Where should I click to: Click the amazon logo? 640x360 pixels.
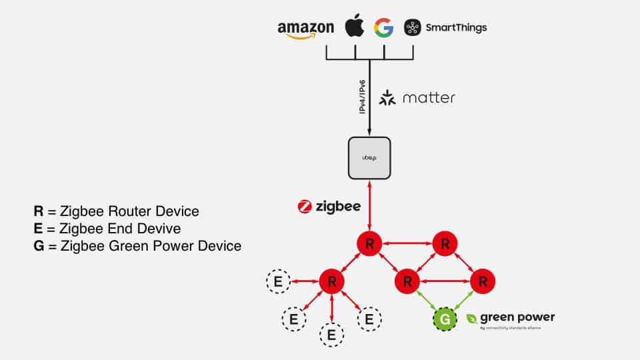coord(305,29)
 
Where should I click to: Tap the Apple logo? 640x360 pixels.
coord(355,27)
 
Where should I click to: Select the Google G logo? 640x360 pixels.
coord(383,28)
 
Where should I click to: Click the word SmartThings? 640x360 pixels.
coord(457,27)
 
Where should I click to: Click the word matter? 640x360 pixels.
coord(429,98)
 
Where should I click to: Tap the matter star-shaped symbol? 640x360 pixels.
coord(387,99)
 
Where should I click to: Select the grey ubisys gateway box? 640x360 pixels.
coord(369,157)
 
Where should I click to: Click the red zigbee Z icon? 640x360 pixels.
coord(305,207)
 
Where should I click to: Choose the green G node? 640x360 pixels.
coord(445,319)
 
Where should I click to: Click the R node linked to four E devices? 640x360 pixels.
coord(331,281)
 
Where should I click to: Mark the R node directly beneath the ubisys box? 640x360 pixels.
coord(369,243)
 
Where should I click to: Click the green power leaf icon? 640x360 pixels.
coord(472,319)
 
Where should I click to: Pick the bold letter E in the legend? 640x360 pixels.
coord(39,229)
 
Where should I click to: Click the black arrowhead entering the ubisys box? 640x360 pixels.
coord(369,132)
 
